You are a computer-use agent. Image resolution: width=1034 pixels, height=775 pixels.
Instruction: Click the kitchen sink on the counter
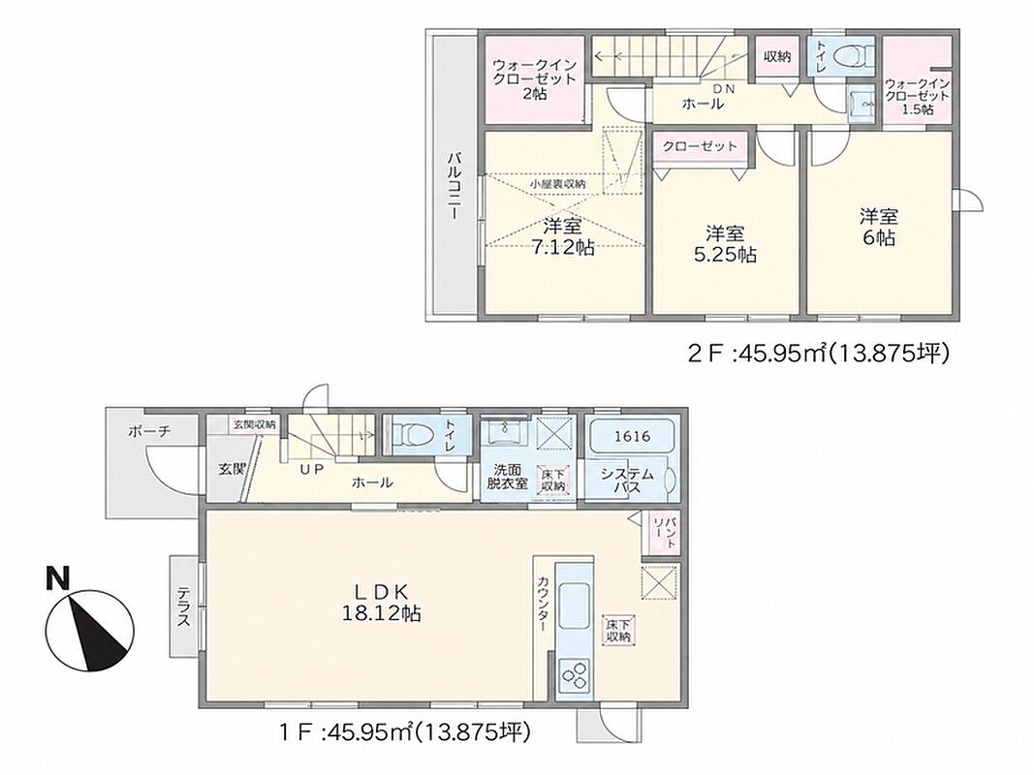coord(574,605)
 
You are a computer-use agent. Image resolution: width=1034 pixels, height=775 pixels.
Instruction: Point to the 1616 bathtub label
coord(633,436)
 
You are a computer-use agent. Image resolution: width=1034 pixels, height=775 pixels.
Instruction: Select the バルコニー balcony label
coord(454,187)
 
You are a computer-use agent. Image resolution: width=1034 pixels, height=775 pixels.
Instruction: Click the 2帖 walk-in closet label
coord(535,79)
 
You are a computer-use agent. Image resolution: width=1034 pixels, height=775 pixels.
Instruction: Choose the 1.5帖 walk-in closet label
coord(918,97)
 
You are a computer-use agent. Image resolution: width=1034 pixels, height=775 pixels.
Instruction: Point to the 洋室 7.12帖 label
coord(562,237)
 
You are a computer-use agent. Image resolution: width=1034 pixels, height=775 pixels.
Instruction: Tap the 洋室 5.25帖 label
coord(725,243)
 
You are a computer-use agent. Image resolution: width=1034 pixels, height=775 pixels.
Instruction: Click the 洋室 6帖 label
coord(879,227)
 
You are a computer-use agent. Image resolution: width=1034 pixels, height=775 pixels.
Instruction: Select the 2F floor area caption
coord(818,355)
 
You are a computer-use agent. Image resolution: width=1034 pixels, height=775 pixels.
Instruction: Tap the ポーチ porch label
coord(149,432)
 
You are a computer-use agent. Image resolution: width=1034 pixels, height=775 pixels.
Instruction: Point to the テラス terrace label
coord(183,606)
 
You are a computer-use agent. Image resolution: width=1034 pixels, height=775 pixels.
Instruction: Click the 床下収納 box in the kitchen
coord(618,630)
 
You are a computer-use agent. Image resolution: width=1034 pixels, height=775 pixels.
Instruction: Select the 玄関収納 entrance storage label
coord(254,423)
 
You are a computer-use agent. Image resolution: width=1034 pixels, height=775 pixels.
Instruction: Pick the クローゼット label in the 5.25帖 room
coord(700,146)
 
